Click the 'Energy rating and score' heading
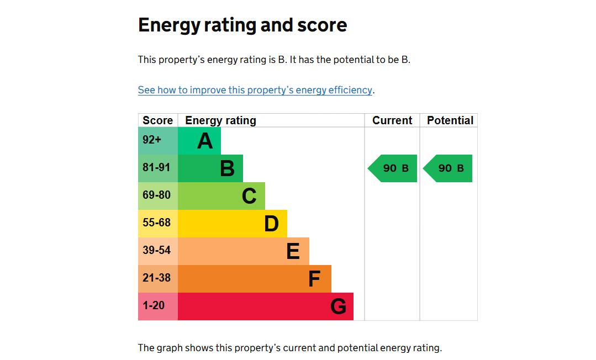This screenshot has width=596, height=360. (242, 25)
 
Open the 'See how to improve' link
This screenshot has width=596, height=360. (255, 90)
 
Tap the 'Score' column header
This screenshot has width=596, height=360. (157, 120)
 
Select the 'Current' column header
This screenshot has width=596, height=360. (392, 120)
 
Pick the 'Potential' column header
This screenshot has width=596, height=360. (450, 120)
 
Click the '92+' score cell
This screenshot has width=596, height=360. (152, 140)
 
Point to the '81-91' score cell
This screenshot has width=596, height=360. (156, 167)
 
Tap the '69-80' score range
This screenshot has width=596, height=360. (156, 195)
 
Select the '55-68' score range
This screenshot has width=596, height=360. (156, 223)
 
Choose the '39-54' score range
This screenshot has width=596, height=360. (156, 251)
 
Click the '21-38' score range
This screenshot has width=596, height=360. (156, 278)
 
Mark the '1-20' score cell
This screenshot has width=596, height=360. (154, 306)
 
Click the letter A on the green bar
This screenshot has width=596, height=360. (205, 141)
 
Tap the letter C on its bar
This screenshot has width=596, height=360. (249, 197)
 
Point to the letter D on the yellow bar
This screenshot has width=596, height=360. (271, 224)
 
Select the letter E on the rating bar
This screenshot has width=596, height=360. (293, 252)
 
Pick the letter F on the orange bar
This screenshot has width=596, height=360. (314, 279)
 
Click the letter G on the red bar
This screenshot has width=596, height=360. (338, 306)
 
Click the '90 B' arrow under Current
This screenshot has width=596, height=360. (393, 168)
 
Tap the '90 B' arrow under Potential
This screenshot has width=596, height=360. (449, 168)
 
